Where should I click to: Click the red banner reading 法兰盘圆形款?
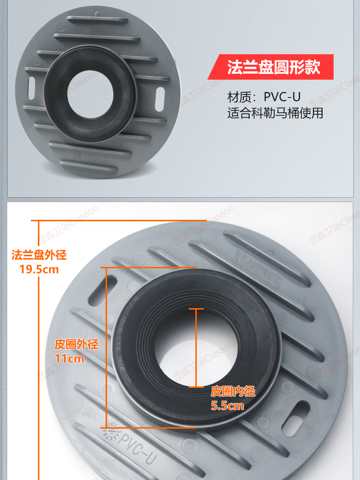pyautogui.click(x=273, y=67)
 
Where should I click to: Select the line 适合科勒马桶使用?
pyautogui.click(x=275, y=113)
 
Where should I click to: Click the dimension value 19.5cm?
pyautogui.click(x=39, y=269)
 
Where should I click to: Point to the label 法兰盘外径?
pyautogui.click(x=39, y=255)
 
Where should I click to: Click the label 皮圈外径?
pyautogui.click(x=76, y=344)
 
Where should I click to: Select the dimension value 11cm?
pyautogui.click(x=70, y=359)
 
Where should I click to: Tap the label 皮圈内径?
pyautogui.click(x=233, y=392)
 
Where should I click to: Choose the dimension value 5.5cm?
pyautogui.click(x=228, y=406)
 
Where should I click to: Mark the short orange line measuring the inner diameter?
pyautogui.click(x=196, y=348)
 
